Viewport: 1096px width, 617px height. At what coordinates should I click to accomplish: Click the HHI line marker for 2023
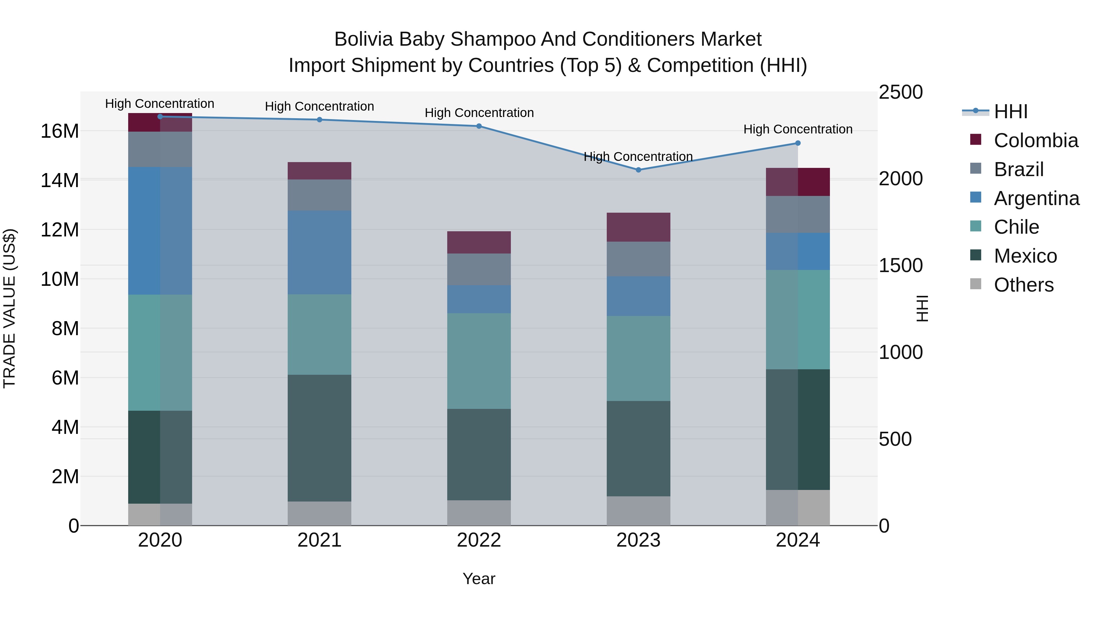tap(638, 170)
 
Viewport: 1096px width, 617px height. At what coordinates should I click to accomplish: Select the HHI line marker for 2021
tap(320, 120)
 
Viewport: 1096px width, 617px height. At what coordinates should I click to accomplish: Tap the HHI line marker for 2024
tap(798, 144)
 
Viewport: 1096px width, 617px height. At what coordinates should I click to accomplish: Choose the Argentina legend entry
tap(1036, 198)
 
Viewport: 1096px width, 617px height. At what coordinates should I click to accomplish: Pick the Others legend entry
tap(1023, 285)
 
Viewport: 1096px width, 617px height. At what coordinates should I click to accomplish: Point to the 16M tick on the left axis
tap(60, 131)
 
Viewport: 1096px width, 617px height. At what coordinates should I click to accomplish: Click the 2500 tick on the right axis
tap(901, 92)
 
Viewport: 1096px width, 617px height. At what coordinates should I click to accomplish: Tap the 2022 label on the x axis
tap(479, 540)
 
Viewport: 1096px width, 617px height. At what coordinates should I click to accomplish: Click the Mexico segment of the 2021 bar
tap(320, 438)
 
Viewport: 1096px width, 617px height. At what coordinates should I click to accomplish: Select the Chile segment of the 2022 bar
tap(479, 361)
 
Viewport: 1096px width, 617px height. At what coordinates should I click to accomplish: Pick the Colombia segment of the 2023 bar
tap(638, 227)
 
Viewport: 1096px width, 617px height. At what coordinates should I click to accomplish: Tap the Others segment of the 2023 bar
tap(638, 511)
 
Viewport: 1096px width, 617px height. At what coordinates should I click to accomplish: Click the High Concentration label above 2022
tap(479, 113)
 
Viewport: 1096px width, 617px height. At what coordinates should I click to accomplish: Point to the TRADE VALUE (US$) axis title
tap(9, 308)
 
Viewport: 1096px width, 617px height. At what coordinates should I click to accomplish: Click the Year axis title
tap(479, 579)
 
